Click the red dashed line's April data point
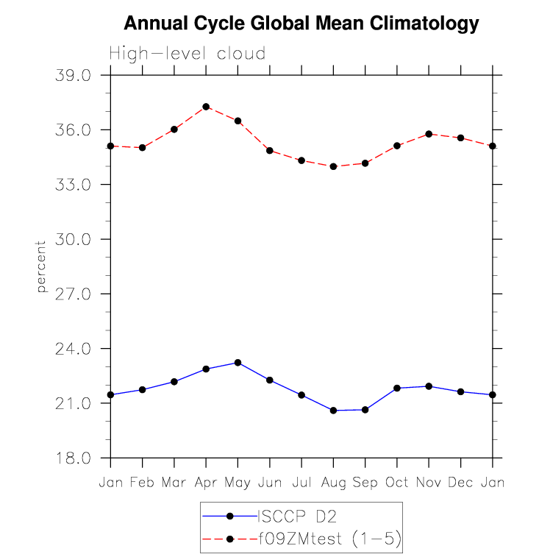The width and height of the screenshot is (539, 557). [x=206, y=107]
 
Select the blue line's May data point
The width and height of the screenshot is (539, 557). [x=238, y=363]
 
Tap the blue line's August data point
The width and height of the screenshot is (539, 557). [x=333, y=411]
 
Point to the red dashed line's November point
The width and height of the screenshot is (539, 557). [x=429, y=134]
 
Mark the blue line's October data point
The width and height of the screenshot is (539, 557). [x=397, y=388]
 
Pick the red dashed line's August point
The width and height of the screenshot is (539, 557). [x=333, y=166]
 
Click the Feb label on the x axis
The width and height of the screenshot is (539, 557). [x=142, y=482]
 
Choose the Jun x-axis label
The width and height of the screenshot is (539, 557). [x=269, y=482]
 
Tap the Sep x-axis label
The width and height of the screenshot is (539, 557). [x=365, y=482]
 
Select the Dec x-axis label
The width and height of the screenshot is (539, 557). [x=461, y=482]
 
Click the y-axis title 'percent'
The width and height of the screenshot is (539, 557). [x=42, y=266]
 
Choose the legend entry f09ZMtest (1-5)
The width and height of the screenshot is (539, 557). [x=328, y=539]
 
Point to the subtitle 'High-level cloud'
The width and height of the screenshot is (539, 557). [x=187, y=54]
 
